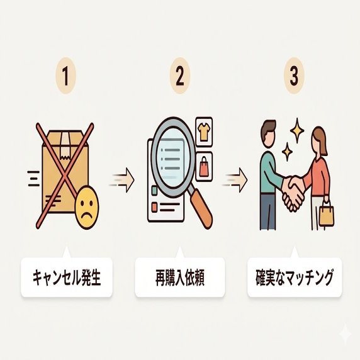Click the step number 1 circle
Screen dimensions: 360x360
point(65,76)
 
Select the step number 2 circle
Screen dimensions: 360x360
point(180,76)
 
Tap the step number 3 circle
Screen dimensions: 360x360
point(294,76)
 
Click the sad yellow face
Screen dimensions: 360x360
point(87,207)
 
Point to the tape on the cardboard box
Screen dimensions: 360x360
point(65,145)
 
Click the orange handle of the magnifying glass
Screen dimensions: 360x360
point(201,208)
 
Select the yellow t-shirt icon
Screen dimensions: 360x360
point(203,132)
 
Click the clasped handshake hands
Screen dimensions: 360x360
point(293,193)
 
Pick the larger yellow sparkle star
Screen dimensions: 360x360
point(297,131)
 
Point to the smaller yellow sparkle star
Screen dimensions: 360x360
point(287,152)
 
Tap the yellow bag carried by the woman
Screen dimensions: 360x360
point(327,215)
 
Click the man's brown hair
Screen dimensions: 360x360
point(267,128)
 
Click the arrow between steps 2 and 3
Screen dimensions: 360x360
point(235,180)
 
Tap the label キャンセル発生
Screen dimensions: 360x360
point(67,278)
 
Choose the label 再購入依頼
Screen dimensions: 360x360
point(180,278)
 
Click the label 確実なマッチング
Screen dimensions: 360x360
point(295,278)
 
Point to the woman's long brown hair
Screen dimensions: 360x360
point(322,140)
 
